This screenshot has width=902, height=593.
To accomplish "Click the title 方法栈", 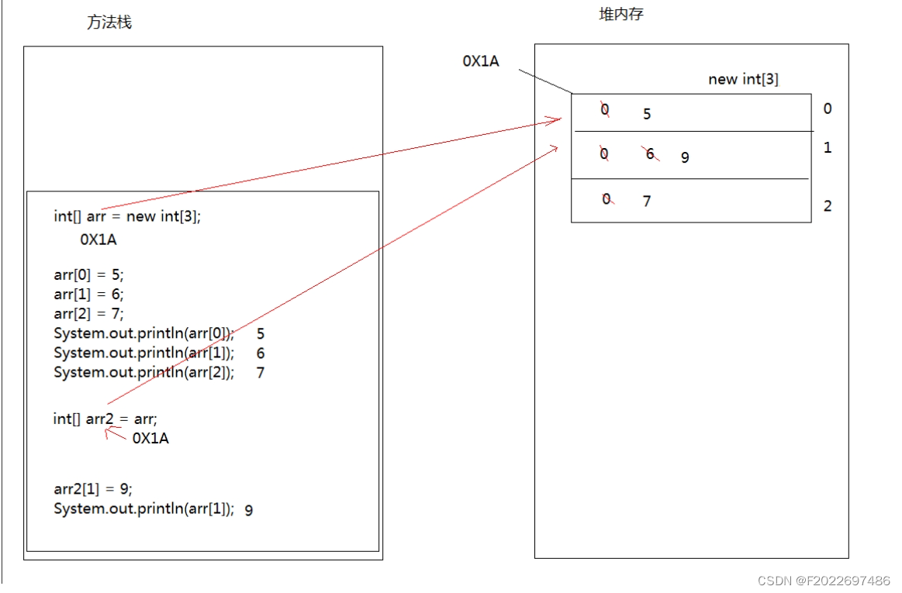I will [x=109, y=22].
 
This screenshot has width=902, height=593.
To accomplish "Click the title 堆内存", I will [x=621, y=15].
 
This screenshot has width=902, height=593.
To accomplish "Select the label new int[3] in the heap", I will [x=743, y=79].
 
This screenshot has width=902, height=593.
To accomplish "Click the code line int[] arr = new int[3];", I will [x=127, y=216].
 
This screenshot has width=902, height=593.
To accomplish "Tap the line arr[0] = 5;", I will [x=88, y=274].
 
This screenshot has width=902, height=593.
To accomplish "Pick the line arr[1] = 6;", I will [x=88, y=294].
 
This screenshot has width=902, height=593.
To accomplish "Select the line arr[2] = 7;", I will [x=88, y=313].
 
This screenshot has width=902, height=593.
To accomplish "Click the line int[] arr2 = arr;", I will [x=105, y=419].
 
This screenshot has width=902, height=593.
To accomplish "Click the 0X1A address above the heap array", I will [x=481, y=61].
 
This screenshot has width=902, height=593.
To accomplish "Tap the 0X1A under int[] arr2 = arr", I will [x=150, y=439].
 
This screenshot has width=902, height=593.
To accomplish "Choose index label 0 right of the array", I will [x=828, y=109].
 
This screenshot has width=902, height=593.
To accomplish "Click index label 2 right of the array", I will [x=828, y=206].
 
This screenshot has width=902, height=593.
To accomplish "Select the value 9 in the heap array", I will [x=685, y=157].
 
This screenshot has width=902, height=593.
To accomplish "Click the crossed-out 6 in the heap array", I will [x=651, y=154].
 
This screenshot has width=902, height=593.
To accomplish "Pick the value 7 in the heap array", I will [x=647, y=202].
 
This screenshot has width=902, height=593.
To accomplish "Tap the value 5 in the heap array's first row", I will [x=647, y=115].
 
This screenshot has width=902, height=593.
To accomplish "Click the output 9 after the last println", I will [x=248, y=510].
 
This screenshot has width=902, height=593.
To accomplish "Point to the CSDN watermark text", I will [x=824, y=581].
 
